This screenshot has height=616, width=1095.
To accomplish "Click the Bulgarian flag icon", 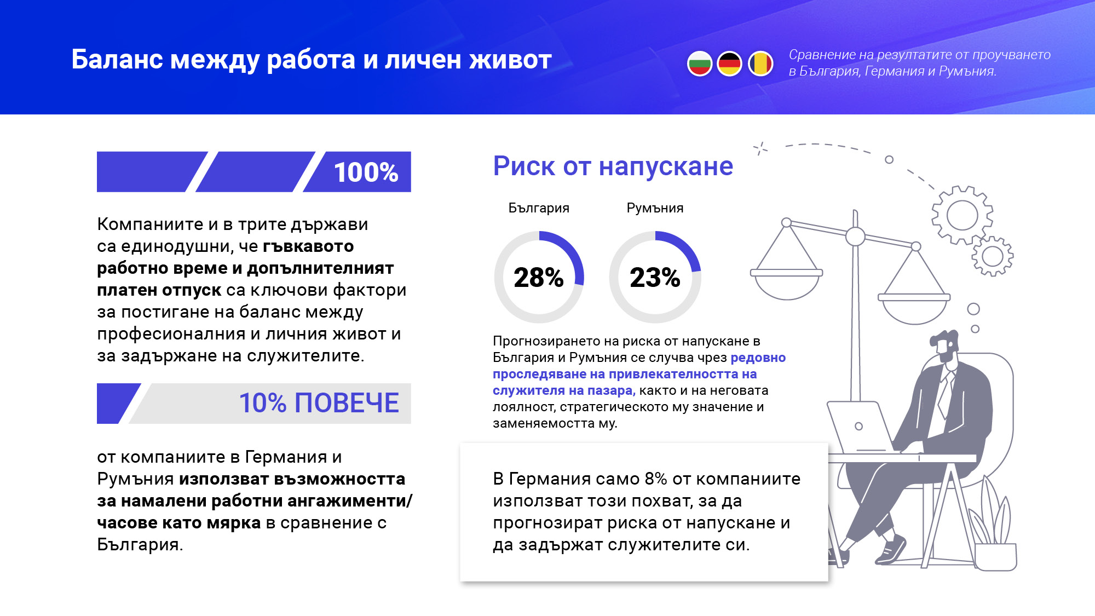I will pyautogui.click(x=700, y=64).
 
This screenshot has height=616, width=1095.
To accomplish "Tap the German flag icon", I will pyautogui.click(x=729, y=64).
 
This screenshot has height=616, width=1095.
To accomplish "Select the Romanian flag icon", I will pyautogui.click(x=760, y=64).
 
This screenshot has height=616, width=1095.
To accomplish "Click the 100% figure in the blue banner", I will pyautogui.click(x=366, y=172).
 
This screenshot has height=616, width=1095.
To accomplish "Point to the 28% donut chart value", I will pyautogui.click(x=539, y=278).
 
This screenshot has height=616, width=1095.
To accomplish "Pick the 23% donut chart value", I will pyautogui.click(x=655, y=278).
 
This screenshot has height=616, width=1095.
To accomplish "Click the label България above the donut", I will pyautogui.click(x=539, y=208).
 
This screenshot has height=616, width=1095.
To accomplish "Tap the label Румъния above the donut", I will pyautogui.click(x=655, y=208).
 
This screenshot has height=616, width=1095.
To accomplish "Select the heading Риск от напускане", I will pyautogui.click(x=613, y=166).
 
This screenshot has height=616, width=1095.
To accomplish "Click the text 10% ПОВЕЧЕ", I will pyautogui.click(x=319, y=404).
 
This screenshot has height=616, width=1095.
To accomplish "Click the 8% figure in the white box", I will pyautogui.click(x=655, y=479).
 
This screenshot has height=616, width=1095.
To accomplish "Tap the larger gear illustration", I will pyautogui.click(x=962, y=215).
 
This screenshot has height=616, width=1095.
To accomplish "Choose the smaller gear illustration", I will pyautogui.click(x=992, y=256).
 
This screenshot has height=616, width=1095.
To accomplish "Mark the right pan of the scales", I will pyautogui.click(x=914, y=309).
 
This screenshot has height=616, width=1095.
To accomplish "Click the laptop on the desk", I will pyautogui.click(x=858, y=427).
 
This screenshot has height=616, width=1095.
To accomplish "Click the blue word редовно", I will pyautogui.click(x=758, y=358).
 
